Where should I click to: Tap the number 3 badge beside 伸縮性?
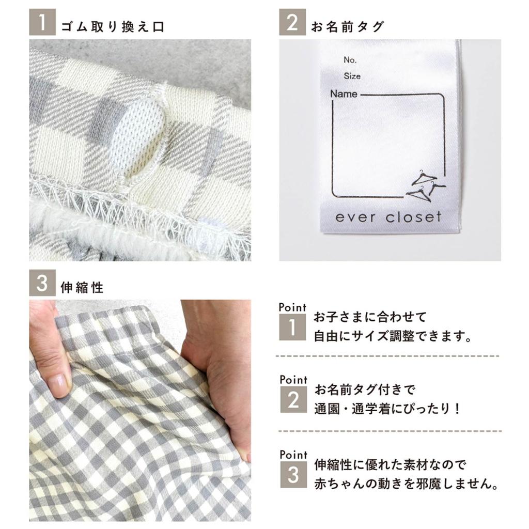(x=42, y=285)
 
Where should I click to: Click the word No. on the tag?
(x=350, y=60)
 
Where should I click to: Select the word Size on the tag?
(x=352, y=76)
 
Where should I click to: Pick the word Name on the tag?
(x=344, y=94)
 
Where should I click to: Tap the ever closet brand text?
(x=388, y=216)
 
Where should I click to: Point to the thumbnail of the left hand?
(x=58, y=383)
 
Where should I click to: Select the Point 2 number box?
(x=293, y=399)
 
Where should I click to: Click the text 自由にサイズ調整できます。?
(x=393, y=337)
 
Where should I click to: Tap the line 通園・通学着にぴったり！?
(x=387, y=409)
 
